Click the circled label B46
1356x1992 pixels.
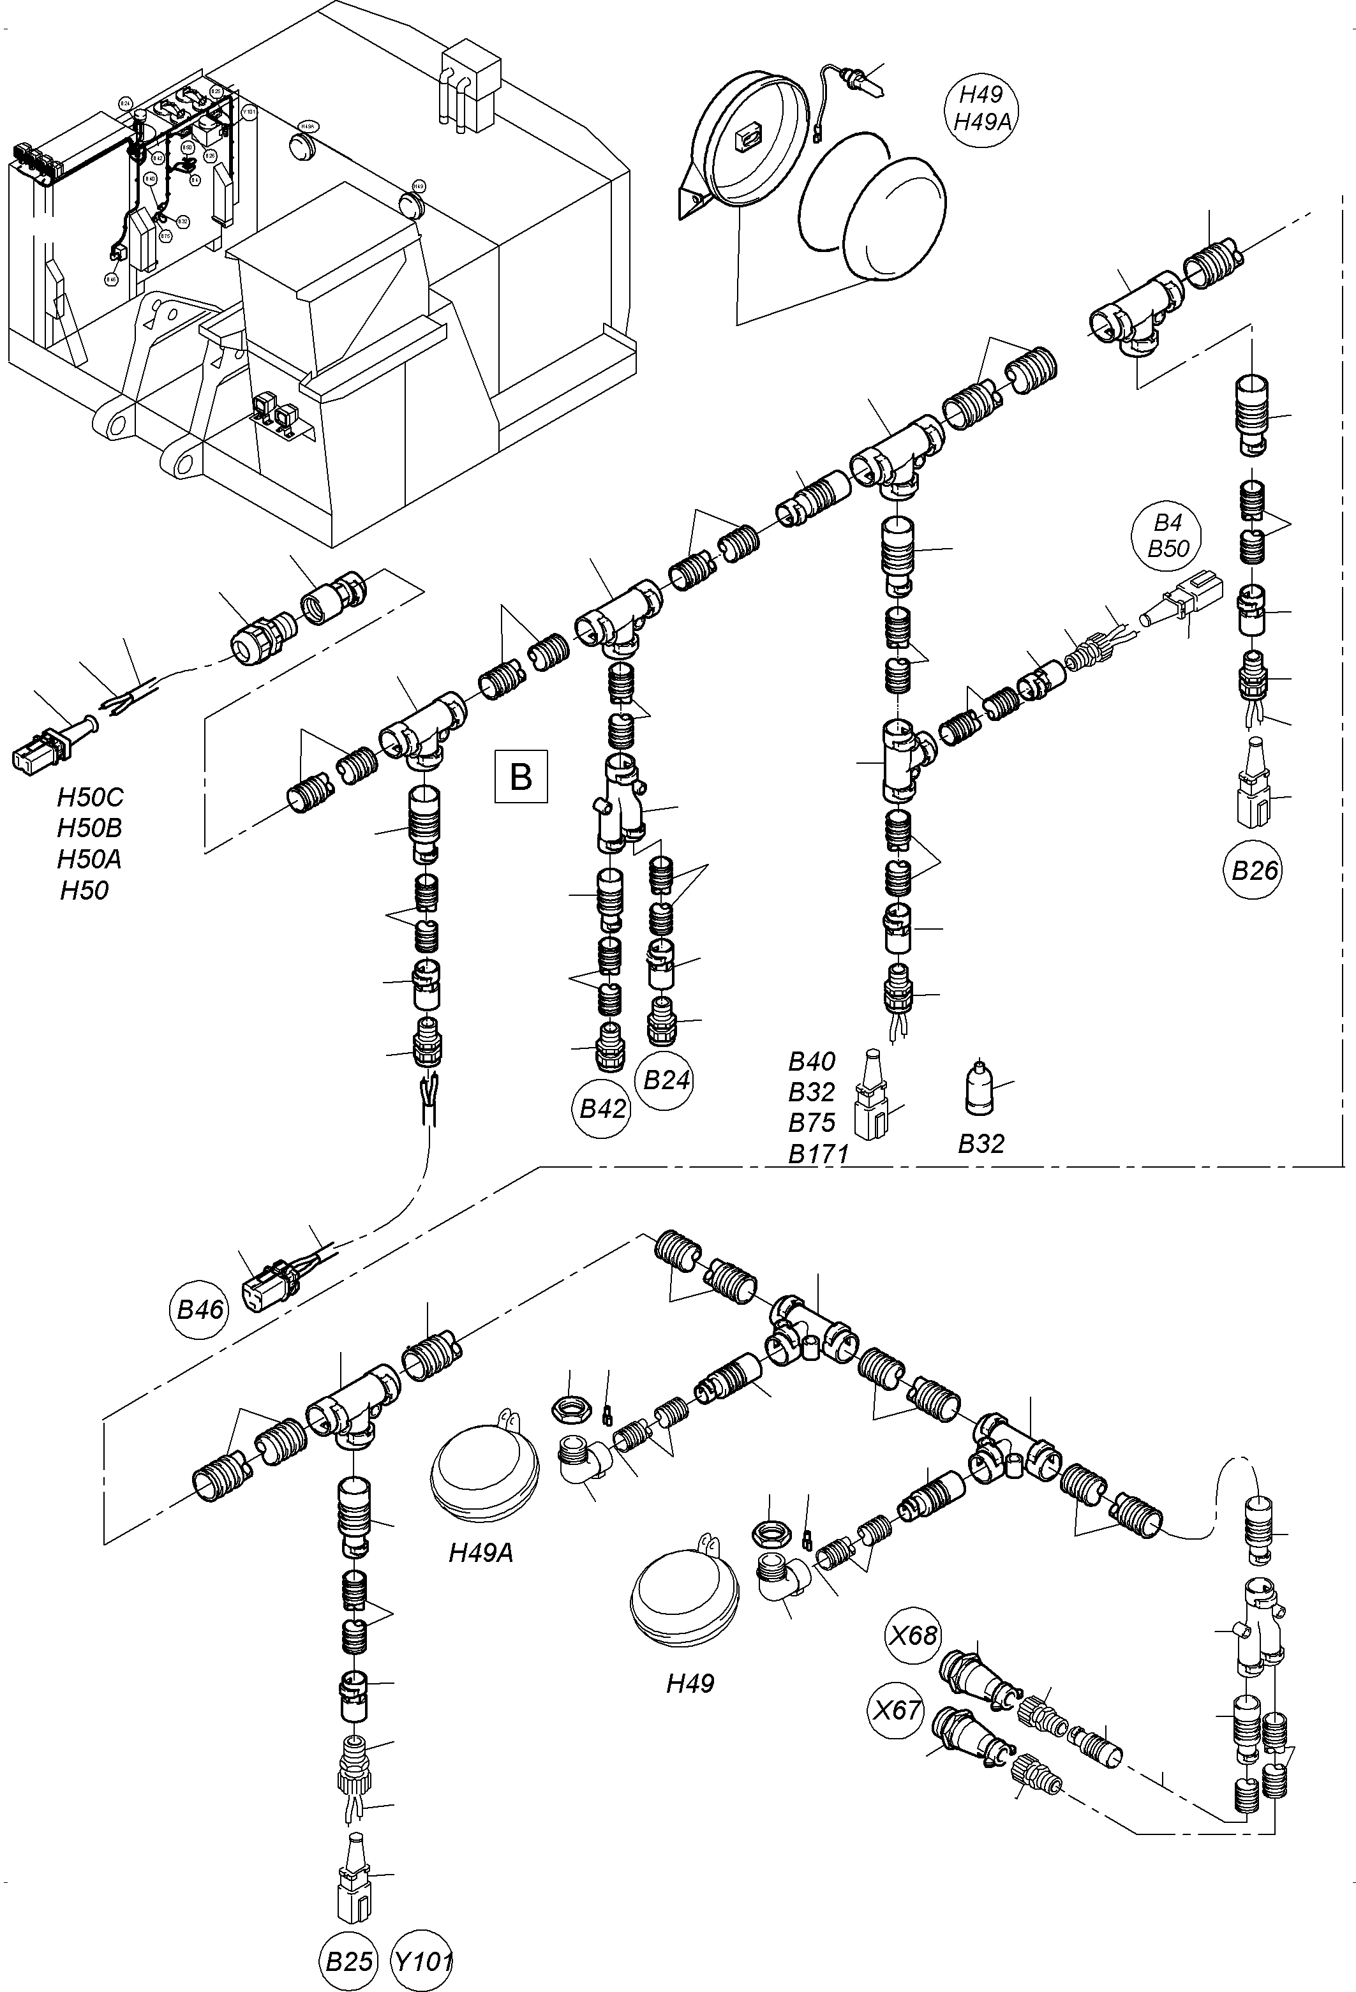pos(200,1309)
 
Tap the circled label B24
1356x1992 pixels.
pos(666,1079)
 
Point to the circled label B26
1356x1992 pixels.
pos(1253,871)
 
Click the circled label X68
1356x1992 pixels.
pos(914,1635)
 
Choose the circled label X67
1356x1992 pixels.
pos(897,1710)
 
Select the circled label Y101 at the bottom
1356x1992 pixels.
pos(422,1960)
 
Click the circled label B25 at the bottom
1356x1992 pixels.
pos(350,1960)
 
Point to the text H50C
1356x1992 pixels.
pos(90,797)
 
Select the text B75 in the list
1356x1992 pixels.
pos(812,1123)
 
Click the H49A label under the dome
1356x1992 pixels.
pos(481,1552)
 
